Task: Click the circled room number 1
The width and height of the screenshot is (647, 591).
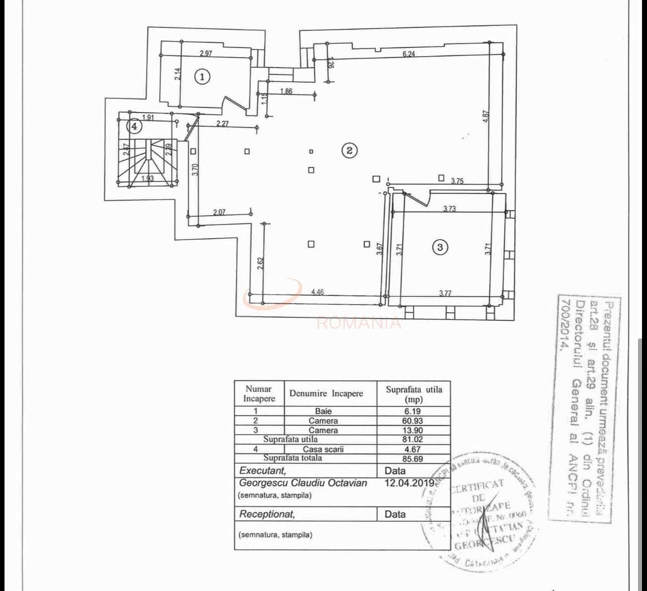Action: [202, 77]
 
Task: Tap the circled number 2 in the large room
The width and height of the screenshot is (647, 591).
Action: [349, 150]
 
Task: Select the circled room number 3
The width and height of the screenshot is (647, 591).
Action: [440, 247]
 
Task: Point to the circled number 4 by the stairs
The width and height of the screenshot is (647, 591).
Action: [134, 126]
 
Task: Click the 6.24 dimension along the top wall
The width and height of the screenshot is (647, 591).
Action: [409, 54]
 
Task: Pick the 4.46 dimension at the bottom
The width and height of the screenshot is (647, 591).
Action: [317, 292]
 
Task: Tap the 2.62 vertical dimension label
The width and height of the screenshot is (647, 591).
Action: [260, 264]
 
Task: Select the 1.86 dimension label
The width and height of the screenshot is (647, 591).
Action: [286, 91]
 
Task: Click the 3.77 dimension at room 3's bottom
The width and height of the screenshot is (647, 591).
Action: [445, 293]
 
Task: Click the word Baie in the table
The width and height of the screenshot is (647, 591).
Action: [323, 411]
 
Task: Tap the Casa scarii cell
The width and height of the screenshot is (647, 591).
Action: [323, 450]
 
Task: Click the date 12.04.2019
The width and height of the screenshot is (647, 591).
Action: [409, 483]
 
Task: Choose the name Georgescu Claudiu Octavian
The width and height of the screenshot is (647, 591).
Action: [303, 483]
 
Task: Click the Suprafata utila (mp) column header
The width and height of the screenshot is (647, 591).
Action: [414, 394]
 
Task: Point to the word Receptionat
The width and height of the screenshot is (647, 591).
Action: [267, 514]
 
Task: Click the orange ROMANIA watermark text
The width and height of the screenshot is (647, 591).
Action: [359, 323]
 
